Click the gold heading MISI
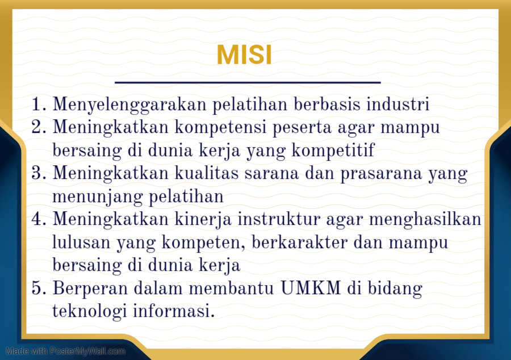pyautogui.click(x=244, y=55)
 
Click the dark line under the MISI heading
pyautogui.click(x=248, y=83)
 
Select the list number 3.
pyautogui.click(x=38, y=174)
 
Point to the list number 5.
pyautogui.click(x=38, y=288)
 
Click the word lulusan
pyautogui.click(x=80, y=242)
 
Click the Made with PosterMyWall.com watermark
pyautogui.click(x=66, y=351)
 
